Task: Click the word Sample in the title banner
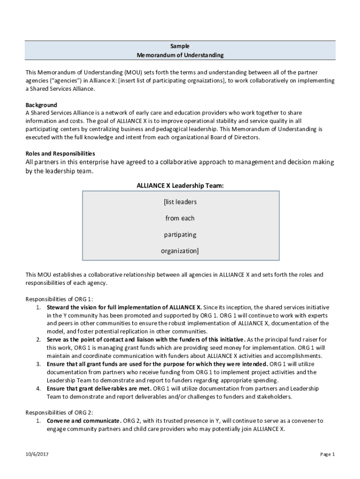point(180,46)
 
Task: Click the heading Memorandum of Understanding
point(180,55)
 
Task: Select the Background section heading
point(41,105)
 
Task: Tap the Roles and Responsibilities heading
point(60,153)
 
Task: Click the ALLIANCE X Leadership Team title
point(180,186)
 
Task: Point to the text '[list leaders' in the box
point(180,202)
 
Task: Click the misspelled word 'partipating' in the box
point(180,234)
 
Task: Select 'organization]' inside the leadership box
point(180,251)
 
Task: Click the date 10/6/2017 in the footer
point(38,454)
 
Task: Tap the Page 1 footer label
point(327,454)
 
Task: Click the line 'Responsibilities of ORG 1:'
point(59,299)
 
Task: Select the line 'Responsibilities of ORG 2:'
point(59,412)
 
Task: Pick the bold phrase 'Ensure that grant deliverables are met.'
point(99,388)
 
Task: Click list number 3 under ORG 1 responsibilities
point(38,364)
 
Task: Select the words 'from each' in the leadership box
point(180,218)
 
